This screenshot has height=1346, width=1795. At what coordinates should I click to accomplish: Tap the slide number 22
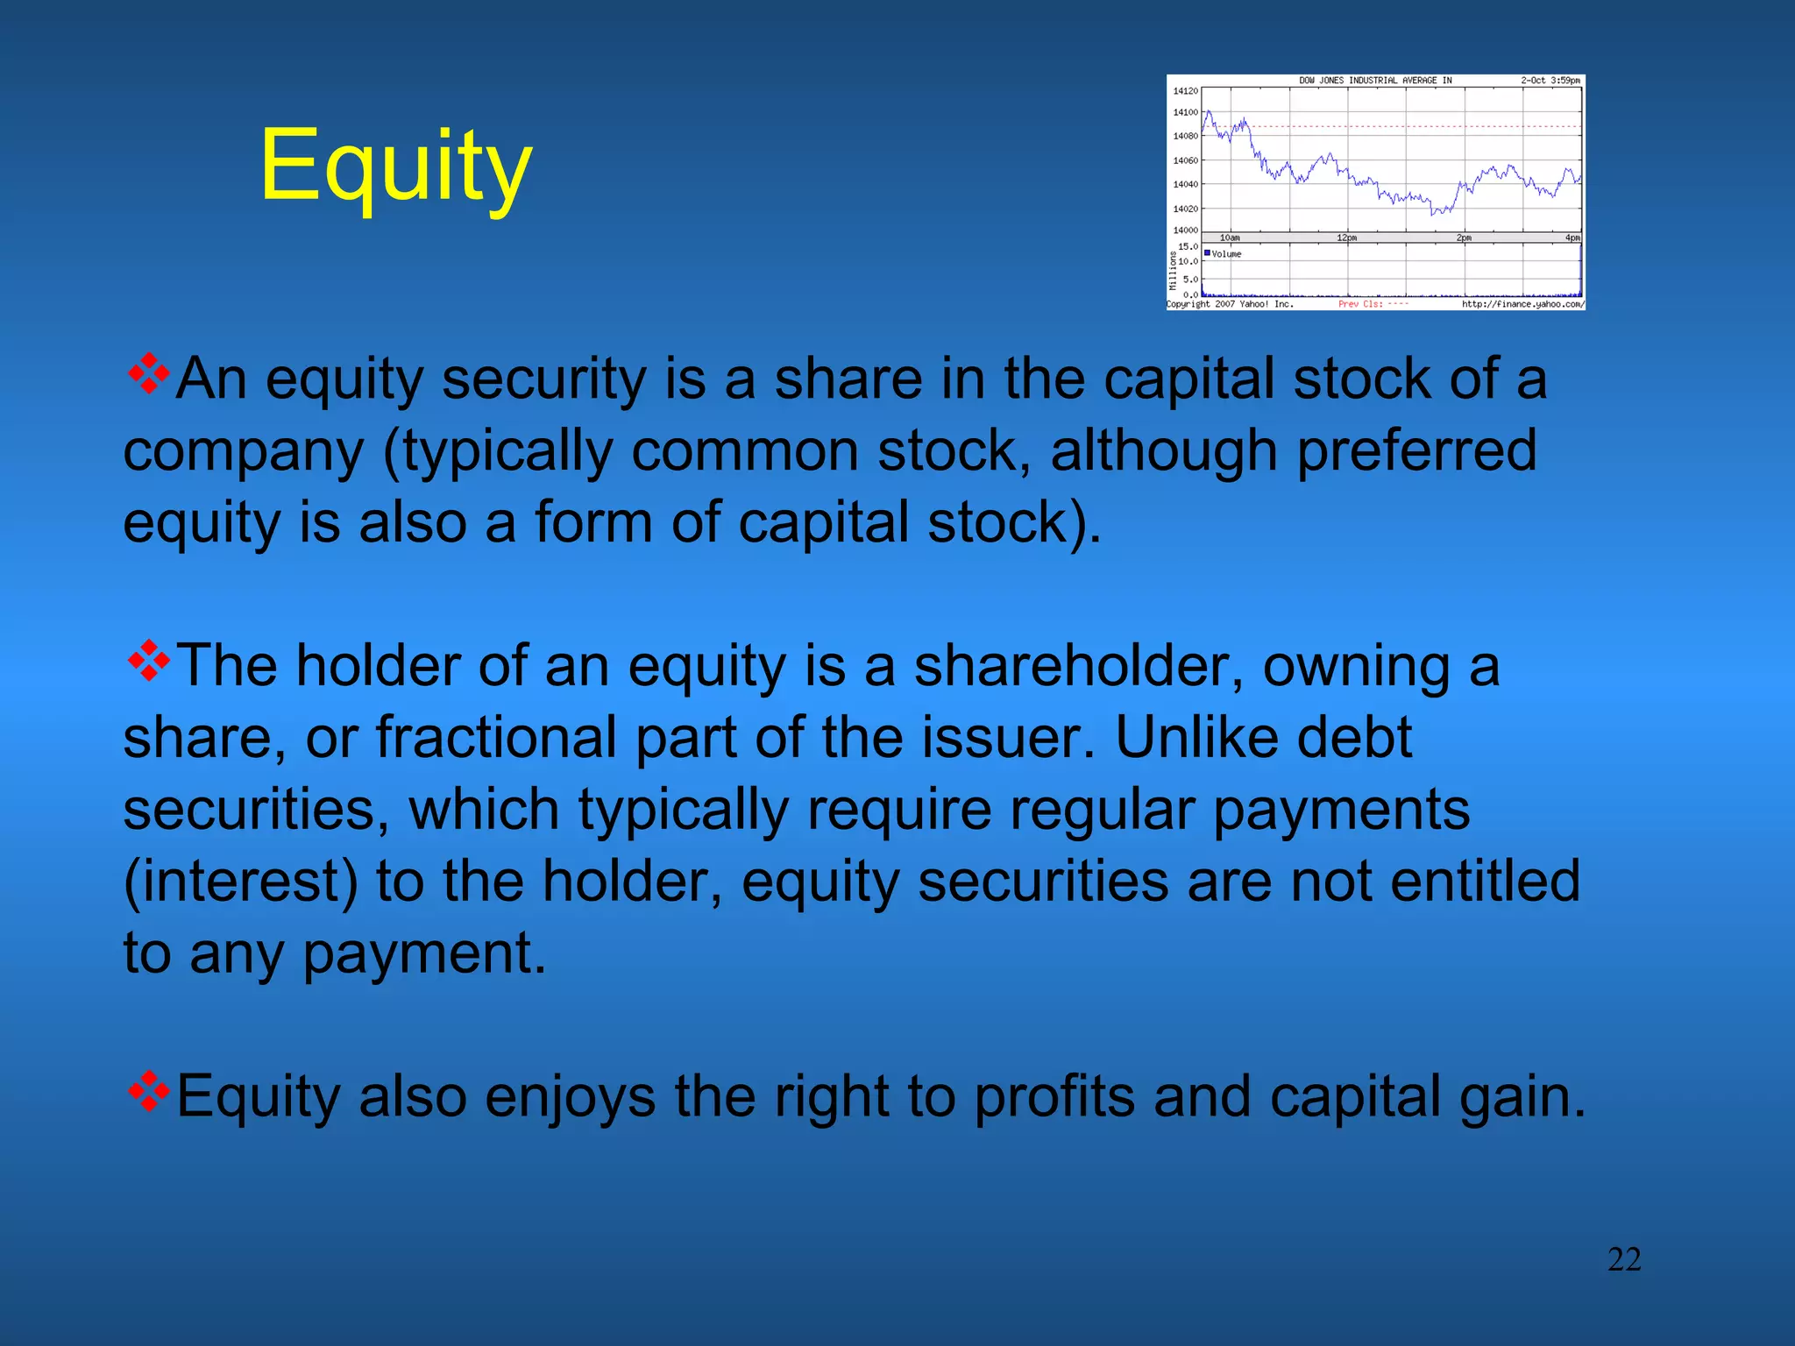[1624, 1259]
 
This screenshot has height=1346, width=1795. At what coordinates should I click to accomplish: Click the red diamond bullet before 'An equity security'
[149, 373]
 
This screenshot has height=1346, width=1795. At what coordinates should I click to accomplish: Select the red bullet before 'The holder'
[149, 661]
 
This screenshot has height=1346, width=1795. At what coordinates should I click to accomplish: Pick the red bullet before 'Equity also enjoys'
[149, 1091]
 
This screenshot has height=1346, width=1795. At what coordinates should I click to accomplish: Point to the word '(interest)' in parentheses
[241, 882]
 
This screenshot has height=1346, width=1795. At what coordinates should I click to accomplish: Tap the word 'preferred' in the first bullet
[1416, 451]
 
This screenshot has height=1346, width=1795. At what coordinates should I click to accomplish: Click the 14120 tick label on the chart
[1185, 91]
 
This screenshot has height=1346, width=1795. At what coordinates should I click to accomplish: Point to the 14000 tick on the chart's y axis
[1185, 230]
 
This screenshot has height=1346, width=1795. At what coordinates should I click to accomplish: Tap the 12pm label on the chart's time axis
[1347, 238]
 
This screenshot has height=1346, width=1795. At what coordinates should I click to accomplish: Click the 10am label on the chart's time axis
[1230, 238]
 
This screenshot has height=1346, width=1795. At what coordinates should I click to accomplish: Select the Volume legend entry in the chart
[1224, 254]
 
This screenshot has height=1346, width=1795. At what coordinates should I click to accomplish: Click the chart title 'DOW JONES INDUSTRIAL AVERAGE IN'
[1375, 81]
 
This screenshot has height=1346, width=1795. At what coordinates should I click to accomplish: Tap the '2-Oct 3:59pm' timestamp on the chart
[1550, 81]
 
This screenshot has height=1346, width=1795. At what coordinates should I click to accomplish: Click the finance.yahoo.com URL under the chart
[1522, 304]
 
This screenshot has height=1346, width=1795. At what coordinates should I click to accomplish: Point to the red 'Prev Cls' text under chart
[1361, 304]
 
